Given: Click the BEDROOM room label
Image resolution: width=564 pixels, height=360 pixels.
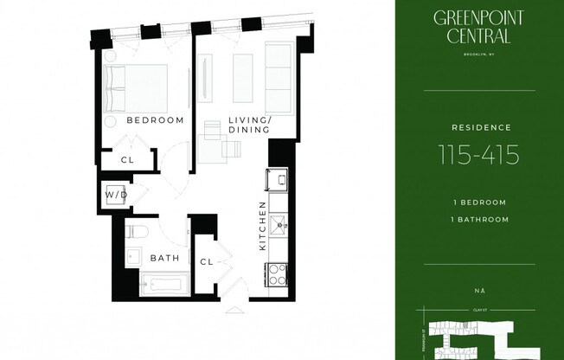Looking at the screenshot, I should (155, 120).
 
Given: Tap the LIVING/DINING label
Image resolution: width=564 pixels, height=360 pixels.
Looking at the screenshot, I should (249, 125).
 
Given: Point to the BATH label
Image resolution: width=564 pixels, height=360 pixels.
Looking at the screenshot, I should (164, 258).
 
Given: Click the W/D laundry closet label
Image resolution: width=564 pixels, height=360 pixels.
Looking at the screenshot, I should (117, 196).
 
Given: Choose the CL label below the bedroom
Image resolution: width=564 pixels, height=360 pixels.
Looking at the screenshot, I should (127, 160).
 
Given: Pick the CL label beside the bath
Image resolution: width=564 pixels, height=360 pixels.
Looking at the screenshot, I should (207, 261).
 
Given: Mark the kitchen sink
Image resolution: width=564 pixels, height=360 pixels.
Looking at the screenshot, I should (279, 227).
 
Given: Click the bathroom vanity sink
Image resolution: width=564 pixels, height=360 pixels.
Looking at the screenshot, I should (134, 256).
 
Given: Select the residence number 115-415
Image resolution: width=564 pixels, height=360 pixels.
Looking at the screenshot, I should (479, 155).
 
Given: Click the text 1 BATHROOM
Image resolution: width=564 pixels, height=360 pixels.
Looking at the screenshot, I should (479, 219).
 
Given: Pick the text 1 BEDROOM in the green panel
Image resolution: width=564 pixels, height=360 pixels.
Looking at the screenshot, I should (479, 202).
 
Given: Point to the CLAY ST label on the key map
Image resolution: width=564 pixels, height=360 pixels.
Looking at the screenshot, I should (479, 307).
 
